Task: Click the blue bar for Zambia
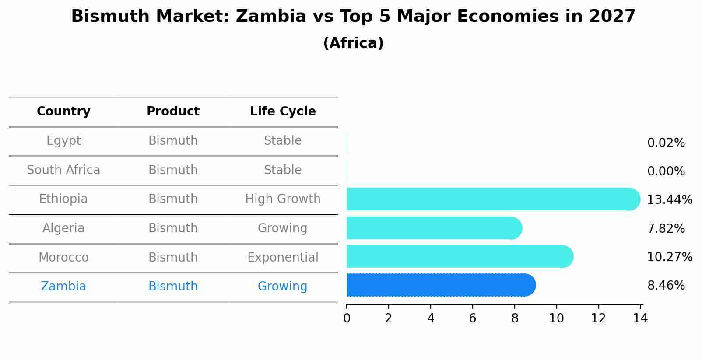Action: (x=440, y=285)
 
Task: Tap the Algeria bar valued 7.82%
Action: (x=433, y=228)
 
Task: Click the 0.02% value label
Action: (x=666, y=143)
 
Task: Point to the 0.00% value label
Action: (x=666, y=171)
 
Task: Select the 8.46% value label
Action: (x=666, y=286)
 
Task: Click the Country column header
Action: (x=63, y=112)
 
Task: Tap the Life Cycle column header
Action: (x=283, y=112)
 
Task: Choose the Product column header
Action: (x=173, y=112)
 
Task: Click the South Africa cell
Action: (x=63, y=170)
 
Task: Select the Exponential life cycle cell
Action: (x=283, y=258)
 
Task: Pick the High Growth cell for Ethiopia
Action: (x=283, y=199)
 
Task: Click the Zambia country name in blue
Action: (x=63, y=287)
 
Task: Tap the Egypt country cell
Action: (x=63, y=141)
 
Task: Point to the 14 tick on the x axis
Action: (x=640, y=318)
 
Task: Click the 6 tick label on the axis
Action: (x=472, y=318)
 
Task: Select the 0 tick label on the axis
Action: (x=347, y=318)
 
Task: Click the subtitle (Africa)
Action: (x=353, y=43)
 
